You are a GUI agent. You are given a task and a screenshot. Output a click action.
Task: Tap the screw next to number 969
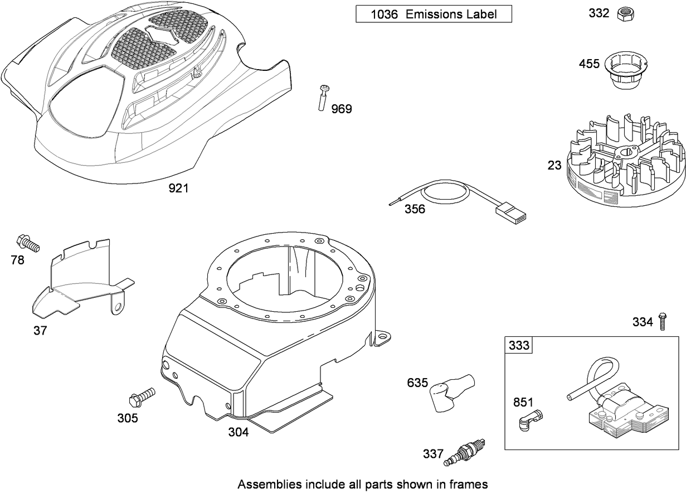point(324,99)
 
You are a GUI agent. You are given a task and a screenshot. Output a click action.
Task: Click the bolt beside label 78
point(28,244)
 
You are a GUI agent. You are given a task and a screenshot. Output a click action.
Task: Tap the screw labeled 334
point(663,322)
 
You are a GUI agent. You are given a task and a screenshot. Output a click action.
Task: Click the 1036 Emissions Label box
point(434,14)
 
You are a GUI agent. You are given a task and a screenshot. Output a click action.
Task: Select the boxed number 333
point(519,346)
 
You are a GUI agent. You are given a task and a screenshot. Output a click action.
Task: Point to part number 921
point(178,188)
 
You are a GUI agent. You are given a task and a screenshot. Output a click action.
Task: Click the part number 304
point(238,432)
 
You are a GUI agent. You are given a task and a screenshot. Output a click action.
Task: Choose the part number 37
point(40,330)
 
